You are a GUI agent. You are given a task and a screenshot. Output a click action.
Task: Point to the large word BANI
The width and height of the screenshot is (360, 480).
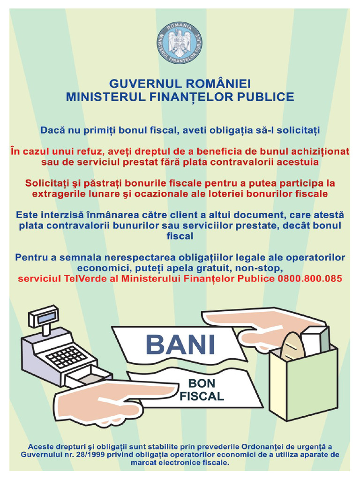pyautogui.click(x=180, y=345)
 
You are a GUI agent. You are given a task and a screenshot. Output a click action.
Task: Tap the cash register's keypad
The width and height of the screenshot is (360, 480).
pyautogui.click(x=66, y=356)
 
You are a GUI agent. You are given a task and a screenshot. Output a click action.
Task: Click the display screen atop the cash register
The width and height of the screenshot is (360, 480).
pyautogui.click(x=45, y=317)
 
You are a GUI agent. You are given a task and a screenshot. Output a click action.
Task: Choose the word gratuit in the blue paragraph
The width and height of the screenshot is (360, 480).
pyautogui.click(x=219, y=268)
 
